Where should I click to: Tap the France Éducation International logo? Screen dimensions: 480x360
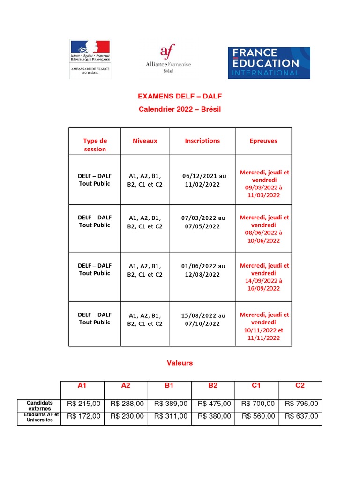coord(269,62)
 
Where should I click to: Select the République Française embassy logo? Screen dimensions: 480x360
coord(90,60)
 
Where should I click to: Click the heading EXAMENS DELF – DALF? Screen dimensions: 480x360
coord(180,97)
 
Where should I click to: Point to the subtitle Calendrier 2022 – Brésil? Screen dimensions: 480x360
coord(180,109)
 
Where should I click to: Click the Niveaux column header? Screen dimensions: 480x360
coord(145,141)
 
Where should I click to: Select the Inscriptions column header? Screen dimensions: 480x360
coord(202,141)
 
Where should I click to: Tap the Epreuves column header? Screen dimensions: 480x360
coord(263,141)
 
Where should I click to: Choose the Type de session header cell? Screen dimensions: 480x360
coord(95,145)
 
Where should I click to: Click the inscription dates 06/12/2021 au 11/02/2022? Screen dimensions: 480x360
coord(202,180)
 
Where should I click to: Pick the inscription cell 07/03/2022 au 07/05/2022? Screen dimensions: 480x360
coord(202,222)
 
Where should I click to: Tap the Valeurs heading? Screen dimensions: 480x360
coord(180,363)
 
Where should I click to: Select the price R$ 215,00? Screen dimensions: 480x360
coord(83,404)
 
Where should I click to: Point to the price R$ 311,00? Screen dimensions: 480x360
coord(169,416)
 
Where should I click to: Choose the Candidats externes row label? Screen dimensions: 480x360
coord(40,405)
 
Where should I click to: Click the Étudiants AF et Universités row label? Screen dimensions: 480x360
coord(40,417)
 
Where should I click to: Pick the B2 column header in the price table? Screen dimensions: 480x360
coord(213,385)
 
